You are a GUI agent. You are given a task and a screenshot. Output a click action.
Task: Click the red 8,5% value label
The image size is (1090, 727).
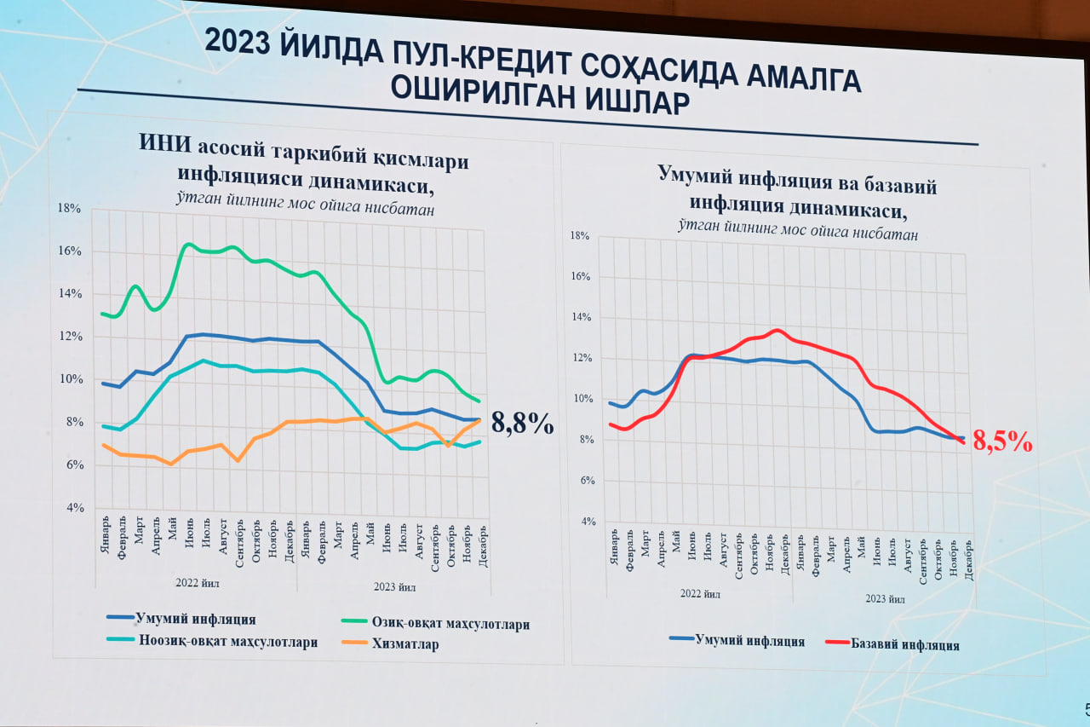[1002, 441]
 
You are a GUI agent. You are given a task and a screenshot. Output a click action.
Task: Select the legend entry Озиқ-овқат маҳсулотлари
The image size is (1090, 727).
[450, 624]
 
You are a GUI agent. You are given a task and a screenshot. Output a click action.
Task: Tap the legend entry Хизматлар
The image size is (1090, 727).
[404, 644]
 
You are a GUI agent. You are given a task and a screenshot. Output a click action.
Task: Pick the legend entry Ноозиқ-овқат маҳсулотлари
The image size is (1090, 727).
[227, 642]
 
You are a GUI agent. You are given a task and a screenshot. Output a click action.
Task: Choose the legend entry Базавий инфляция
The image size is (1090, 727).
[904, 645]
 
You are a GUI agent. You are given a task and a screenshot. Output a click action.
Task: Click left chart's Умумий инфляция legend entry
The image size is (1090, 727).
[195, 620]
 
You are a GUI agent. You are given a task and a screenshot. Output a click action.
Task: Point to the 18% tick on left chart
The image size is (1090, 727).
[69, 208]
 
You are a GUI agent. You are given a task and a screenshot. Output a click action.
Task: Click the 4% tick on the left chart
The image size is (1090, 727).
[75, 508]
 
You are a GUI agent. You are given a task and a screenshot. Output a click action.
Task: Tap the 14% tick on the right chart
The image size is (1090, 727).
[579, 318]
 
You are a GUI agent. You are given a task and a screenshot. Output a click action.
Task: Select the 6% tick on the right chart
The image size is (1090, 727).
[582, 481]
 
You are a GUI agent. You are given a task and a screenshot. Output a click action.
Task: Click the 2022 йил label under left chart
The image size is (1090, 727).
[198, 584]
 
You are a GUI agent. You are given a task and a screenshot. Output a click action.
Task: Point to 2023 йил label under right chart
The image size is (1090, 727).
[885, 598]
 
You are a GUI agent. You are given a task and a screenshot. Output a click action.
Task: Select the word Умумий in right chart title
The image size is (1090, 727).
[694, 174]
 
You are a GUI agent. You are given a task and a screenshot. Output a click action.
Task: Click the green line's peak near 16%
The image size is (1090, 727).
[187, 244]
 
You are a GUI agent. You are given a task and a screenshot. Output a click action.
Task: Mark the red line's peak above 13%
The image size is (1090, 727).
[776, 329]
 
